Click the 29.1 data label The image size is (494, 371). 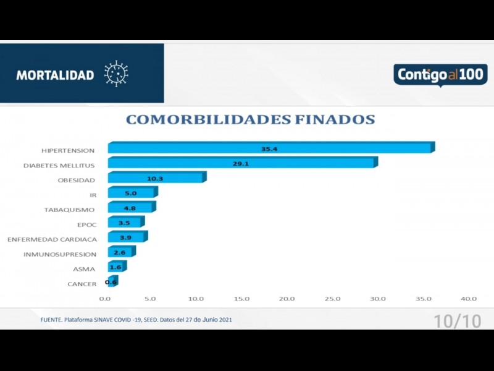[241, 164]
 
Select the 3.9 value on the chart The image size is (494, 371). [125, 238]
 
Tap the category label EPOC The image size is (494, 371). [86, 224]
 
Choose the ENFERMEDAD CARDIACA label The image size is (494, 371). [52, 239]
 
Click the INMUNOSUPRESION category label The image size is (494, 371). [60, 254]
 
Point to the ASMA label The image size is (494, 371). [85, 269]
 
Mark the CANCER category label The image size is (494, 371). [82, 284]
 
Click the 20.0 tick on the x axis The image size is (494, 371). [287, 299]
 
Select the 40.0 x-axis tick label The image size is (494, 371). [468, 299]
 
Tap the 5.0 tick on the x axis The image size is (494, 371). [150, 299]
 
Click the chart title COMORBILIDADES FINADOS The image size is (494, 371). [250, 119]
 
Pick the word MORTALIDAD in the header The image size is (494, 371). [55, 75]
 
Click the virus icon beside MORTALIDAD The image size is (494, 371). [115, 74]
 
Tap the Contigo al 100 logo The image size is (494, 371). [440, 75]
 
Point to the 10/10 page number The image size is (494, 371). [457, 321]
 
